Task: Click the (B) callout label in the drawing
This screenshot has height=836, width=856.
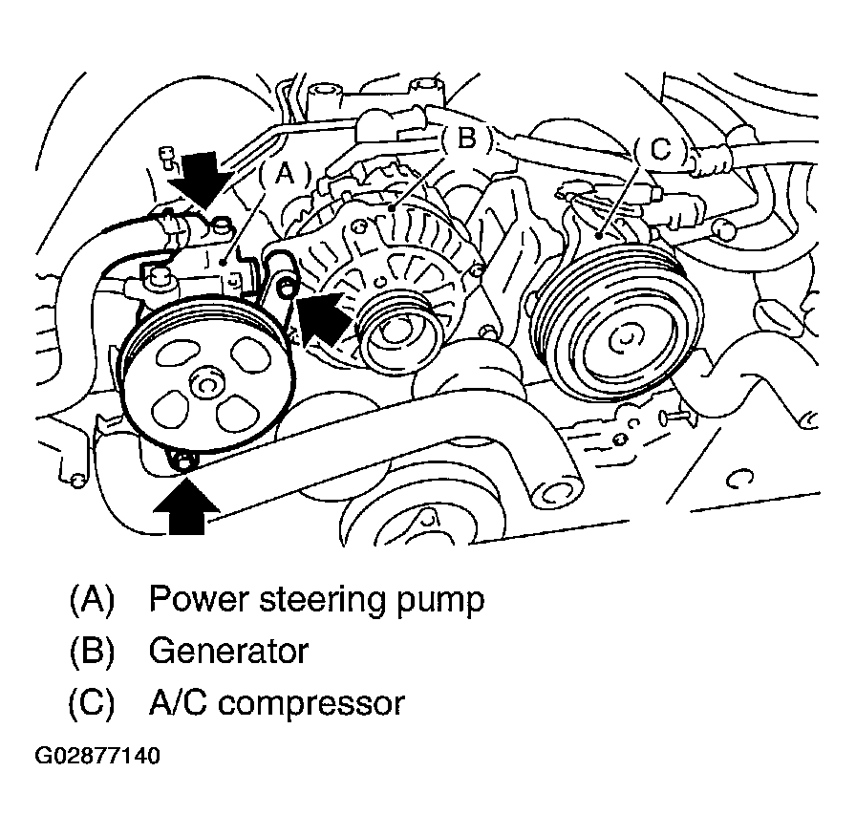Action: [464, 139]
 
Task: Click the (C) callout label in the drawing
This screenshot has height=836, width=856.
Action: [659, 149]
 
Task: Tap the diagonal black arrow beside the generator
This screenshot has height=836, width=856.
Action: [327, 316]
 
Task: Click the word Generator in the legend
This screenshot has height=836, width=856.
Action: [228, 652]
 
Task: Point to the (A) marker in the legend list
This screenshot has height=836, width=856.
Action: [92, 600]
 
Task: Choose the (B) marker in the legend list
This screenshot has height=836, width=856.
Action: [92, 652]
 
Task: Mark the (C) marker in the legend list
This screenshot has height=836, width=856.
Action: [92, 703]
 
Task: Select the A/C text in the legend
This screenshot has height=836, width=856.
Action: [183, 703]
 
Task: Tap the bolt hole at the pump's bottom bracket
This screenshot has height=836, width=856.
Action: [184, 464]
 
